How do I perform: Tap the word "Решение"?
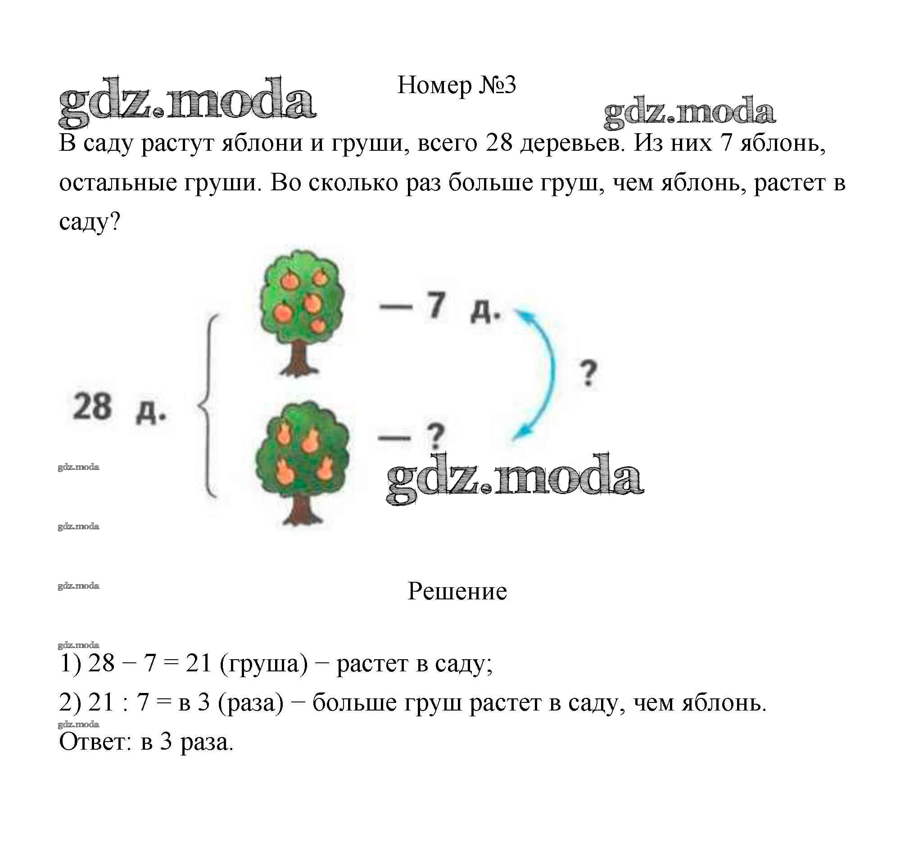coord(457,591)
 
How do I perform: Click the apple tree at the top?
coord(301,299)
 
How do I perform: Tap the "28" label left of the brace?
coord(92,407)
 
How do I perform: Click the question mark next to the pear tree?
coord(435,436)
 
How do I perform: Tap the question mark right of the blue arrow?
coord(588,373)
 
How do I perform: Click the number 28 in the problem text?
coord(499,144)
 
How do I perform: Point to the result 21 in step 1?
coord(198,663)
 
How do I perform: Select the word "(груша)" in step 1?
coord(264,663)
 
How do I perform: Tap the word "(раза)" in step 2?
coord(251,702)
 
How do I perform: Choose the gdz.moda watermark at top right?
coord(689,112)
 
